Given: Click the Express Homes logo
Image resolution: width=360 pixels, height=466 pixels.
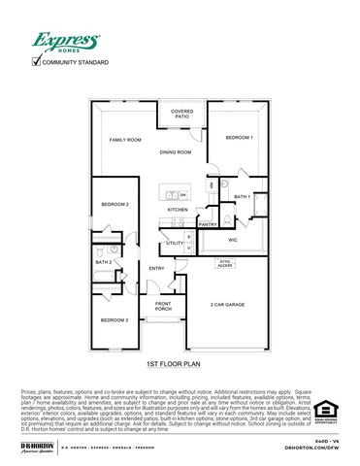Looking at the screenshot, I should [66, 43].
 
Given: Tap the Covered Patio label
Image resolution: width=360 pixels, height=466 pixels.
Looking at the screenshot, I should [181, 114].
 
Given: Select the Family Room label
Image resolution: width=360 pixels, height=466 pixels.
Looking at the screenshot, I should [124, 139].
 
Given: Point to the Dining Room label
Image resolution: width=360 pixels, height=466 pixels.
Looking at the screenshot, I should [176, 152].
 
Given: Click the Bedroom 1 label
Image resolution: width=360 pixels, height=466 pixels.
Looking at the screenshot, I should [240, 138].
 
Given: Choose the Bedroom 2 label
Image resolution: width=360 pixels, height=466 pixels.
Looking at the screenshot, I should [115, 204].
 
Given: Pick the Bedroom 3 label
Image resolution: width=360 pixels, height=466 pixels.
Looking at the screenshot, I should [115, 319].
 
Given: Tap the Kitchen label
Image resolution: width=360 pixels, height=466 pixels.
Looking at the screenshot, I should [178, 210].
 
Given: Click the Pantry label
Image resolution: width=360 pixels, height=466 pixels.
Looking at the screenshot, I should [208, 224].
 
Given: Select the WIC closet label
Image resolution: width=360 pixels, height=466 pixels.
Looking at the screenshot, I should [233, 238].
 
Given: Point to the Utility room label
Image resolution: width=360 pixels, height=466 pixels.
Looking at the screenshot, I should [175, 243].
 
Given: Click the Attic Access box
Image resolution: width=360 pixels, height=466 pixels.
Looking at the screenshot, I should [224, 261].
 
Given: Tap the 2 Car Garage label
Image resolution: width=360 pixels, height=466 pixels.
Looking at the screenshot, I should [227, 305].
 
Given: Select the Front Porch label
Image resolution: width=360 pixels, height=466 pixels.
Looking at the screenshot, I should [164, 307].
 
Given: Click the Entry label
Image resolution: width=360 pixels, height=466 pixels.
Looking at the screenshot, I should [156, 269].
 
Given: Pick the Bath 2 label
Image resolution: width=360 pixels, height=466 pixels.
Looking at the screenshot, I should [104, 262].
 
